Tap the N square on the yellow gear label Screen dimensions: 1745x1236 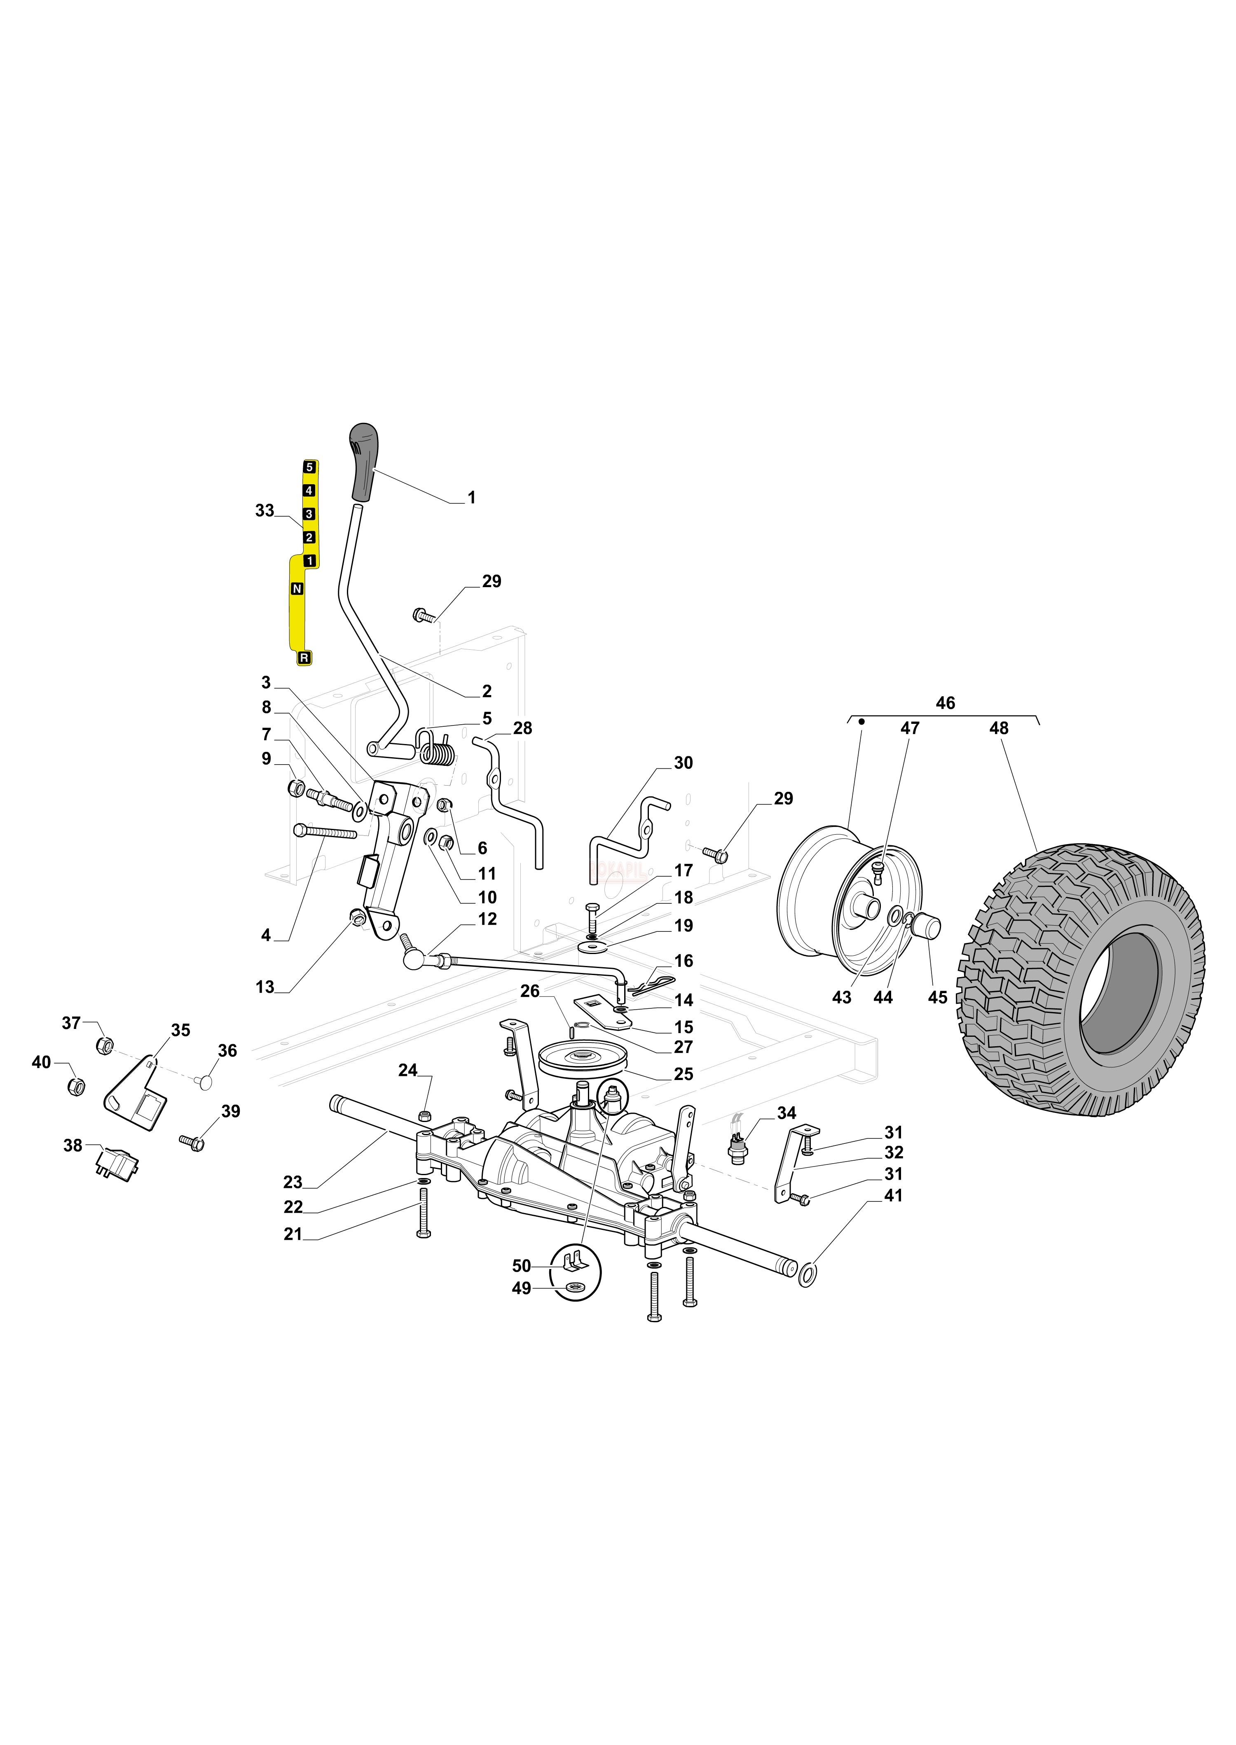click(297, 589)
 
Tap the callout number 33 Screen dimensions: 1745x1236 click(264, 511)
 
